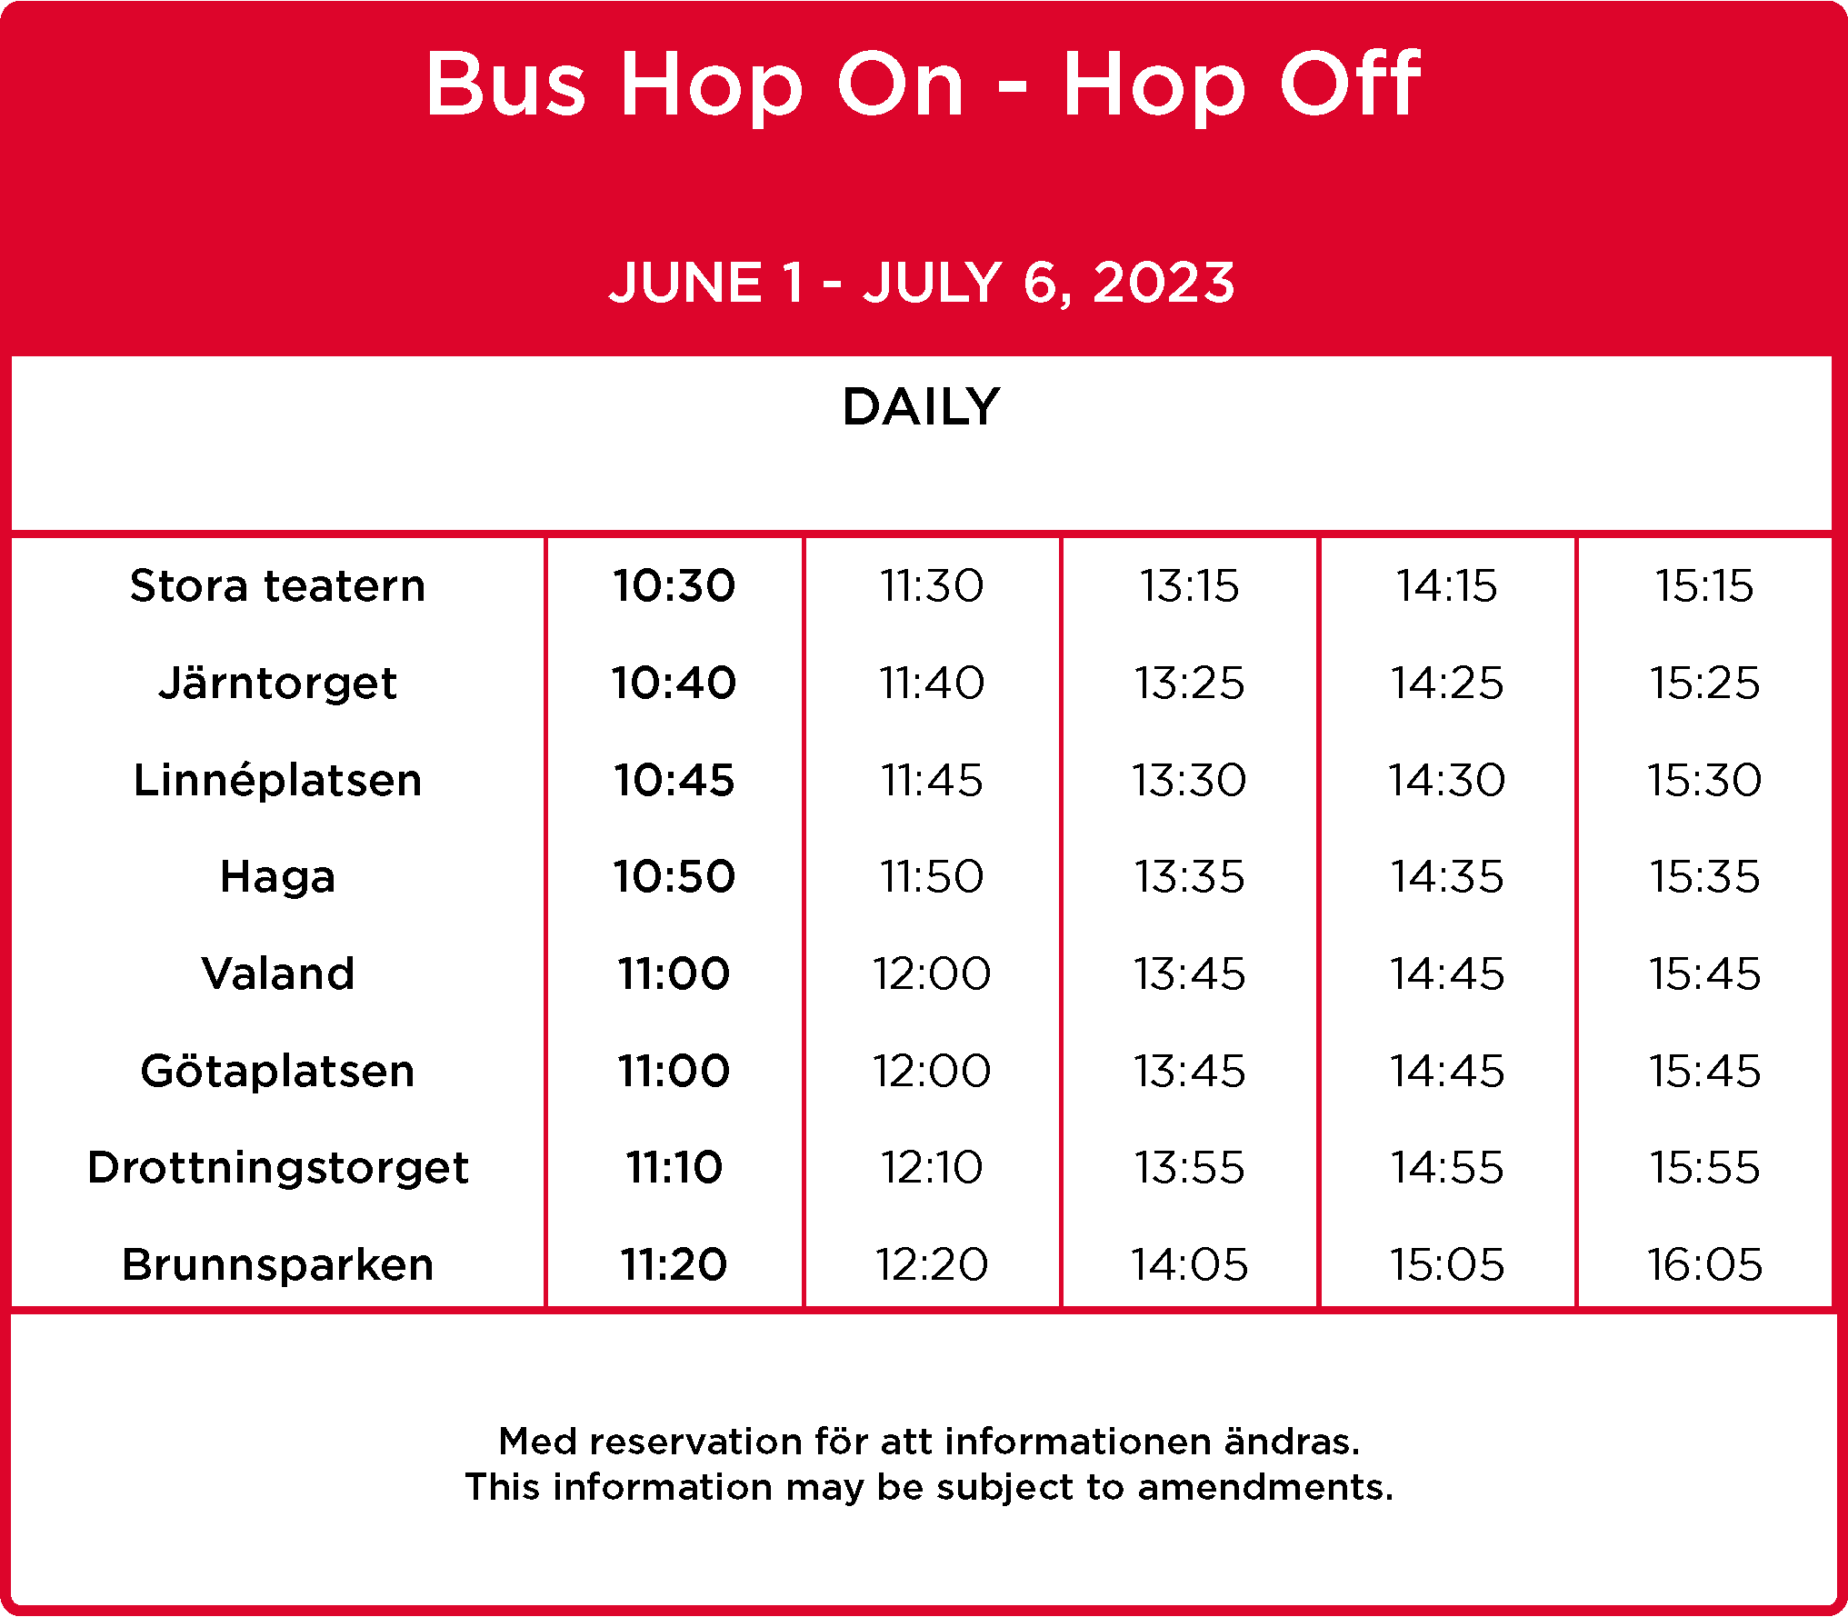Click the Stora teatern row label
coord(277,585)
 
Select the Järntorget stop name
coord(277,684)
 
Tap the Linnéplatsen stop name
coord(277,780)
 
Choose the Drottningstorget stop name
coord(277,1168)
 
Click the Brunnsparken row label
coord(277,1264)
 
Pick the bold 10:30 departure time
coord(674,585)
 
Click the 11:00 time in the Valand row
coord(674,973)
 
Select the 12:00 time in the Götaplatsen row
coord(932,1071)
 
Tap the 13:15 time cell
coord(1189,585)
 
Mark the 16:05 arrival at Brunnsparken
coord(1704,1264)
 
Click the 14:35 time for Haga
coord(1447,877)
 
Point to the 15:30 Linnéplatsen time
coord(1704,780)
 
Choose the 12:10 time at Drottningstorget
coord(932,1167)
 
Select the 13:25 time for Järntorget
coord(1189,683)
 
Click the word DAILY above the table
coord(922,406)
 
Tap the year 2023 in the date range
coord(1164,282)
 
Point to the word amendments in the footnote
coord(1265,1488)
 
